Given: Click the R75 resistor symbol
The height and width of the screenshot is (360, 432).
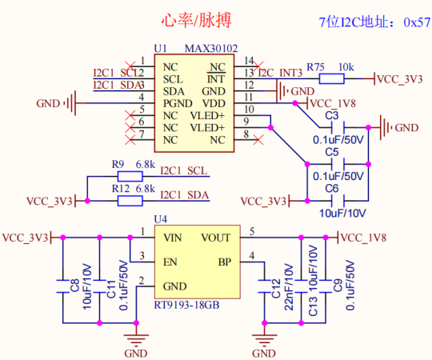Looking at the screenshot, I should (331, 78).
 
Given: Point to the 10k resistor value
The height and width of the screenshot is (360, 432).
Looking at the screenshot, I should (346, 66).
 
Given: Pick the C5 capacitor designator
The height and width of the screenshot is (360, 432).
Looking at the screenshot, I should (331, 151).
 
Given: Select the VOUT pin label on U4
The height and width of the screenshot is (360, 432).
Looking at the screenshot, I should (216, 238).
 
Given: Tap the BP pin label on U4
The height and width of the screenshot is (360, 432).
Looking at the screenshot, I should (224, 262).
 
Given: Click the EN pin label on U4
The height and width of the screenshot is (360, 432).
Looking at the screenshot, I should (171, 262).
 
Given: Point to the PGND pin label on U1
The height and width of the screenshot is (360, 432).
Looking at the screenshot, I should (178, 103).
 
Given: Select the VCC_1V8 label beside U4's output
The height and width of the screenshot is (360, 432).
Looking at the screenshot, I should (364, 238).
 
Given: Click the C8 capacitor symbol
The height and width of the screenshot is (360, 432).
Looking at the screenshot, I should (62, 286).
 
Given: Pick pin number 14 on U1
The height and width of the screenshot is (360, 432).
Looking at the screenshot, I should (250, 61).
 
